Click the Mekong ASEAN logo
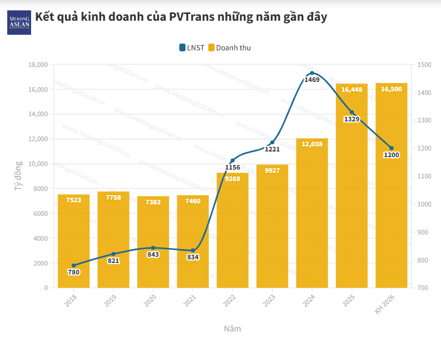point(19,22)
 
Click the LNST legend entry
point(192,48)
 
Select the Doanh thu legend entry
point(230,48)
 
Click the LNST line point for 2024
point(312,73)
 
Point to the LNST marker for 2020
point(153,248)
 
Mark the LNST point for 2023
point(272,142)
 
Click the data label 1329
point(352,119)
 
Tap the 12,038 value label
point(312,145)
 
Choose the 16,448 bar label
point(352,89)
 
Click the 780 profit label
point(74,272)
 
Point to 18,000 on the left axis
point(37,65)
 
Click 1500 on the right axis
point(423,65)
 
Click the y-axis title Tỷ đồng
point(18,176)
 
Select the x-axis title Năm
point(232,329)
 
